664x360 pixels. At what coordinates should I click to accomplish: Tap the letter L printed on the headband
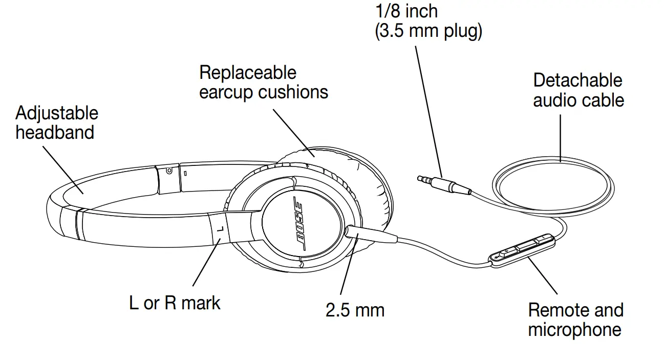(219, 229)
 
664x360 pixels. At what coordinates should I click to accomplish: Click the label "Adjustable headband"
(56, 123)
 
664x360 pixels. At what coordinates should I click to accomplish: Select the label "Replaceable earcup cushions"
(263, 82)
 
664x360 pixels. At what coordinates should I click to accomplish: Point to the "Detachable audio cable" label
(579, 90)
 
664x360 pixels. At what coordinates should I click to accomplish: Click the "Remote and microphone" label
(575, 320)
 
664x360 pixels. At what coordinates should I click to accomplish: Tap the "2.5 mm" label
(355, 309)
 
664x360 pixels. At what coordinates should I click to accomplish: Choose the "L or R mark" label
(175, 303)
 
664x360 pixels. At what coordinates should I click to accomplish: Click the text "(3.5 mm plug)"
(429, 31)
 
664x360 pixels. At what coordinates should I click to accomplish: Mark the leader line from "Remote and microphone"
(542, 277)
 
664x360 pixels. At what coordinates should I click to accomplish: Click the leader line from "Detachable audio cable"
(560, 137)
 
